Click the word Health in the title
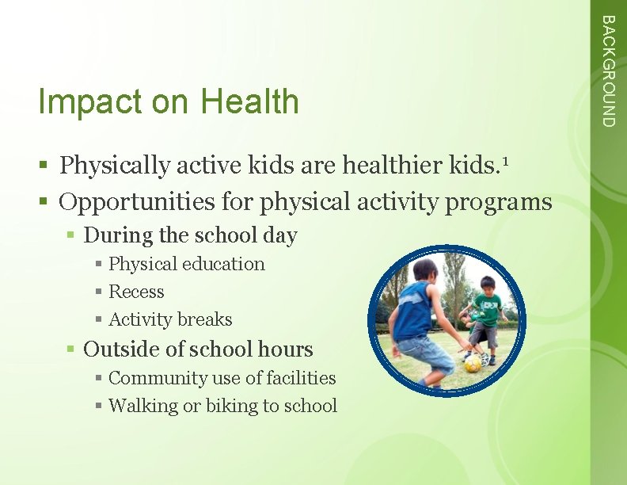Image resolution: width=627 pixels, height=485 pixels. click(249, 102)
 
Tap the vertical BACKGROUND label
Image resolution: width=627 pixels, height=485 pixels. click(606, 71)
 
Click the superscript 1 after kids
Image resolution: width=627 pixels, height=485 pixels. click(504, 160)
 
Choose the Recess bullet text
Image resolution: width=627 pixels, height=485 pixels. click(136, 292)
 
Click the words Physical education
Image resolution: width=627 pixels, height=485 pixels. click(186, 264)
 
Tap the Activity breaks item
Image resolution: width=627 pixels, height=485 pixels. click(170, 319)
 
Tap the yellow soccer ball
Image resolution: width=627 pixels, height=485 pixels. click(473, 362)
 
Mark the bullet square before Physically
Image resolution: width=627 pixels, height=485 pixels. click(47, 166)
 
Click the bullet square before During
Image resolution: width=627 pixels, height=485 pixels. click(71, 236)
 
